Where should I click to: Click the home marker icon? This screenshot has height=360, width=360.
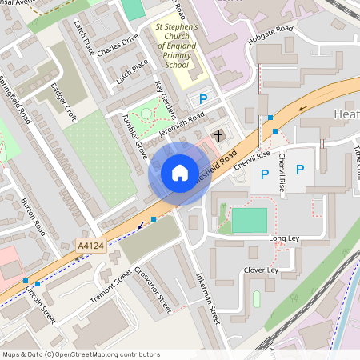click(179, 173)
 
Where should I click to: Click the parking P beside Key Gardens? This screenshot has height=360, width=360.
click(203, 100)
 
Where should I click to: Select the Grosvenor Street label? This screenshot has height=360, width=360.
click(154, 289)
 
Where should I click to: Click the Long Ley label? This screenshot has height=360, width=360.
click(284, 238)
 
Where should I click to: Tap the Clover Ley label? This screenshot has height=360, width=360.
click(261, 270)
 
